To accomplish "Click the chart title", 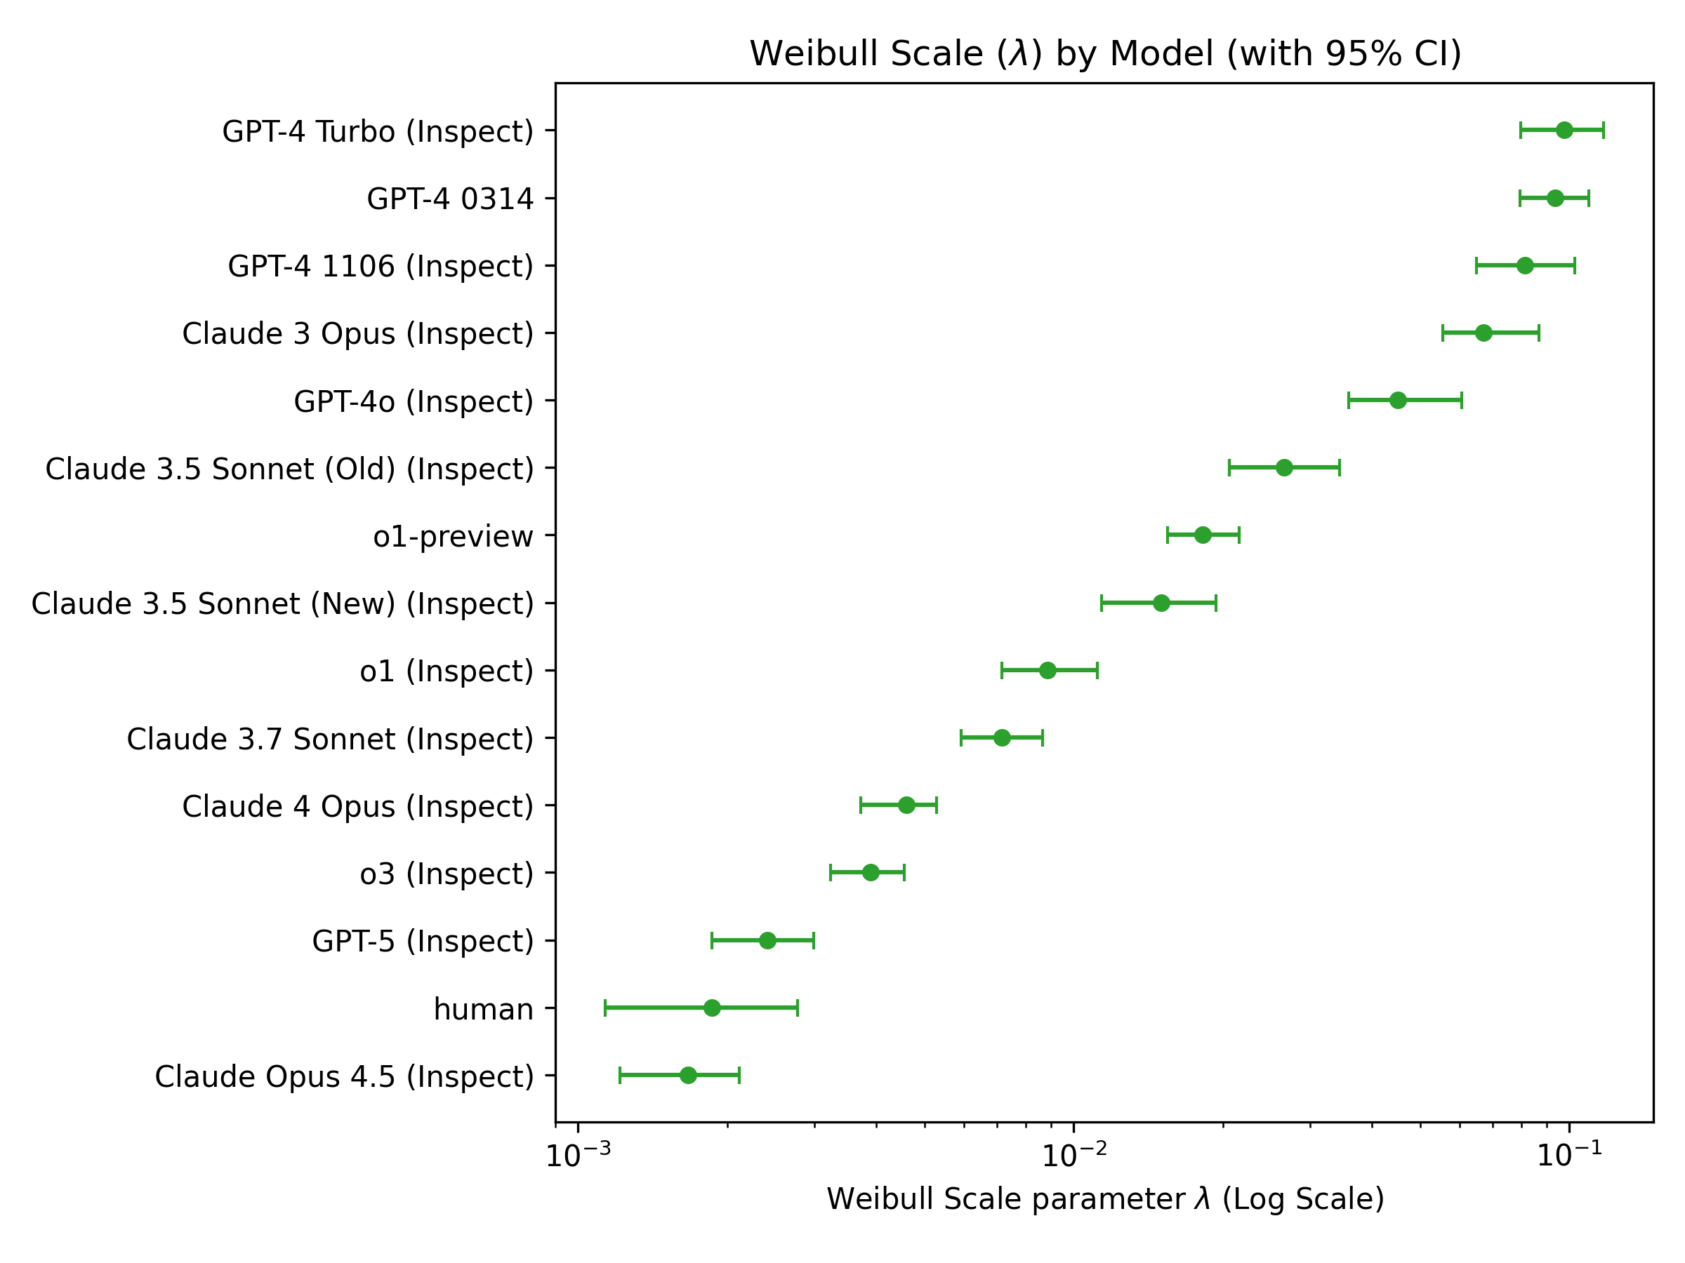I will click(x=1105, y=54).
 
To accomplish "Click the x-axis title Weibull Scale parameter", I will click(x=1105, y=1198).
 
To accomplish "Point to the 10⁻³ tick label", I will click(x=579, y=1156).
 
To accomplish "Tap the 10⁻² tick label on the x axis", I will click(x=1074, y=1156).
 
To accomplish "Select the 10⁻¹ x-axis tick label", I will click(x=1569, y=1156).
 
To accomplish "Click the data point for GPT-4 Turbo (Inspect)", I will click(x=1564, y=131).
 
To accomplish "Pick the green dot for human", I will click(x=712, y=1008).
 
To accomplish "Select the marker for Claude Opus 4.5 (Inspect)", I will click(x=688, y=1075).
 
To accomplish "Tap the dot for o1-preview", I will click(x=1203, y=535).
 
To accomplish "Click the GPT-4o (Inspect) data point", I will click(x=1398, y=401).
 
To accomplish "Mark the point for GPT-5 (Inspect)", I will click(x=767, y=940).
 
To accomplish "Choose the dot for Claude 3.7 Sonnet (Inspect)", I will click(x=1002, y=737).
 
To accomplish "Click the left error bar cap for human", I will click(x=604, y=1008).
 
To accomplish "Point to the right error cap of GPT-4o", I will click(x=1461, y=401).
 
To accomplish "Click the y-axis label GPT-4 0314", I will click(x=450, y=199).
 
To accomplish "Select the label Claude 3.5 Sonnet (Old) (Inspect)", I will click(x=289, y=469).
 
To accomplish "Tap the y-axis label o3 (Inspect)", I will click(x=447, y=873).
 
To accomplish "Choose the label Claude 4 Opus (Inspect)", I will click(x=357, y=806).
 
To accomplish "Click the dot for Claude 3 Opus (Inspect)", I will click(x=1483, y=333).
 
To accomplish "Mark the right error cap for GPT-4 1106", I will click(x=1575, y=266).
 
